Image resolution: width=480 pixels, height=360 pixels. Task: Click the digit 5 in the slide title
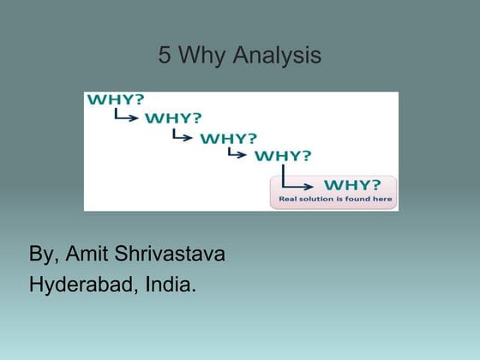165,57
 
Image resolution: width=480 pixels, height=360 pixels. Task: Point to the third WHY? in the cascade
228,137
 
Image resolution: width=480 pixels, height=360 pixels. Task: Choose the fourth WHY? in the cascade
283,156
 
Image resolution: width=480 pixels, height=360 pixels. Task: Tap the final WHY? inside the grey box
352,184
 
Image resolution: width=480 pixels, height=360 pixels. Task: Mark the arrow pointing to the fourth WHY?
238,154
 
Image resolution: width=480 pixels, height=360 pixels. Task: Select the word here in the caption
383,200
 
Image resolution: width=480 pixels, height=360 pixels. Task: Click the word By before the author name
44,255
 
